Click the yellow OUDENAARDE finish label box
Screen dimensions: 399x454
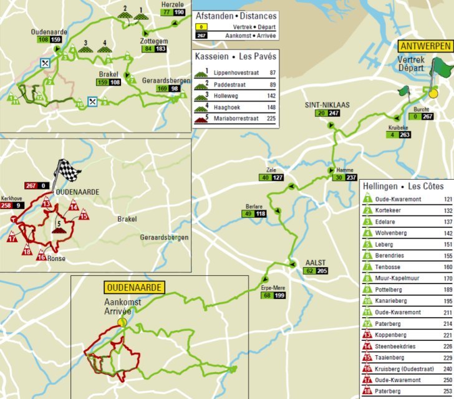coord(133,287)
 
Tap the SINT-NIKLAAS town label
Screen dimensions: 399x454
coord(327,104)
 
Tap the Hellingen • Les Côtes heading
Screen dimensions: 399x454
coord(406,186)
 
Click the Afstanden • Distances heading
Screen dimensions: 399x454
coord(235,17)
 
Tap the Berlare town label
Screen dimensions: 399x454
coord(253,206)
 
